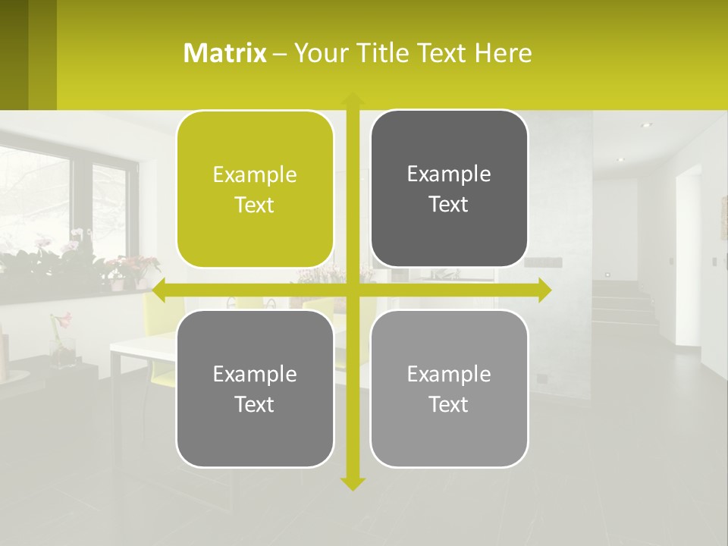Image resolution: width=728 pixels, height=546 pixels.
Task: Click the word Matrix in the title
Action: [x=225, y=53]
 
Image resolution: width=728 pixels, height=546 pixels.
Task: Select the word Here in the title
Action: [x=504, y=53]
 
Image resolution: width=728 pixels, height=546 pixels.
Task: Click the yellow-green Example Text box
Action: [x=255, y=190]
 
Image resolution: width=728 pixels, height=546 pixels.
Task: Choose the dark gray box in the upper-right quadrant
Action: [x=449, y=189]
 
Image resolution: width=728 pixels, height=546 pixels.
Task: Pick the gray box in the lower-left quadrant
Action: [x=255, y=388]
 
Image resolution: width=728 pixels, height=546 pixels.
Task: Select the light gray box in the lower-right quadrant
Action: [x=449, y=388]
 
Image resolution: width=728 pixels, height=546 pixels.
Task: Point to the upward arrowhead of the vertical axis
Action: [x=352, y=99]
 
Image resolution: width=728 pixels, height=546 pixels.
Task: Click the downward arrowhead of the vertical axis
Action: [x=352, y=483]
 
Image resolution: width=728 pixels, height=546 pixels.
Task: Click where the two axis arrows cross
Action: [x=352, y=290]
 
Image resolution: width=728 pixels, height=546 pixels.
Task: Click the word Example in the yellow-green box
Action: [x=255, y=175]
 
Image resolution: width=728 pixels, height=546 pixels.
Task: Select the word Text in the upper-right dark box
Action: [x=449, y=204]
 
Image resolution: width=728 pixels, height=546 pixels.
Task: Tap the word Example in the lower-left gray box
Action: [x=255, y=374]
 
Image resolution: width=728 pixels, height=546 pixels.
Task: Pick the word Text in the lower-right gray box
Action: [x=449, y=404]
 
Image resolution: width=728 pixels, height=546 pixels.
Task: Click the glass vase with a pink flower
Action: [x=62, y=345]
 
